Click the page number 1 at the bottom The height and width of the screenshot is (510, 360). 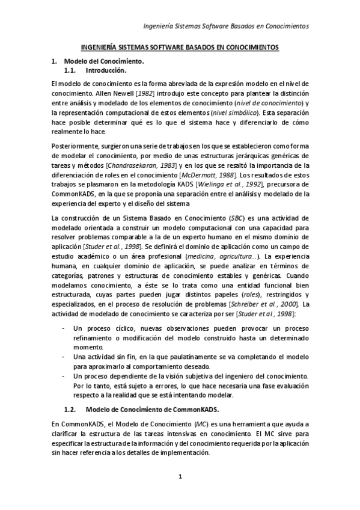(x=180, y=478)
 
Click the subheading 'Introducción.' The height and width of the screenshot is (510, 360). (x=106, y=70)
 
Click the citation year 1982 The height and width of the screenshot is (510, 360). (x=145, y=94)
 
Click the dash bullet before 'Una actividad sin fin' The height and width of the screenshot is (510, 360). (x=64, y=357)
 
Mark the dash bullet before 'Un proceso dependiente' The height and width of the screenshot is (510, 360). (x=64, y=376)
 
